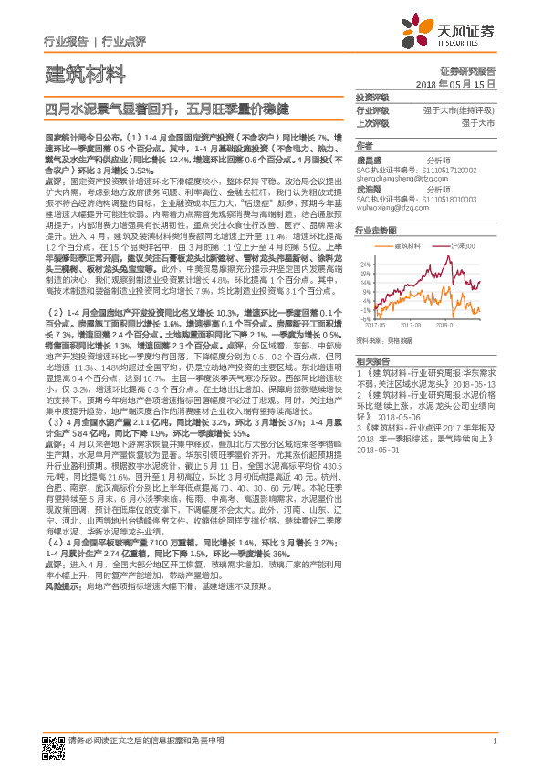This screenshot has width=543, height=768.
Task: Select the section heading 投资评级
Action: coord(371,97)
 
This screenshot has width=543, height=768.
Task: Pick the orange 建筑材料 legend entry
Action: coord(406,246)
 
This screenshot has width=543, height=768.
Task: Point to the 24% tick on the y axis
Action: coord(366,265)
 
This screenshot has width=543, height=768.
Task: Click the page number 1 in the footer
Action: coord(493,742)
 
